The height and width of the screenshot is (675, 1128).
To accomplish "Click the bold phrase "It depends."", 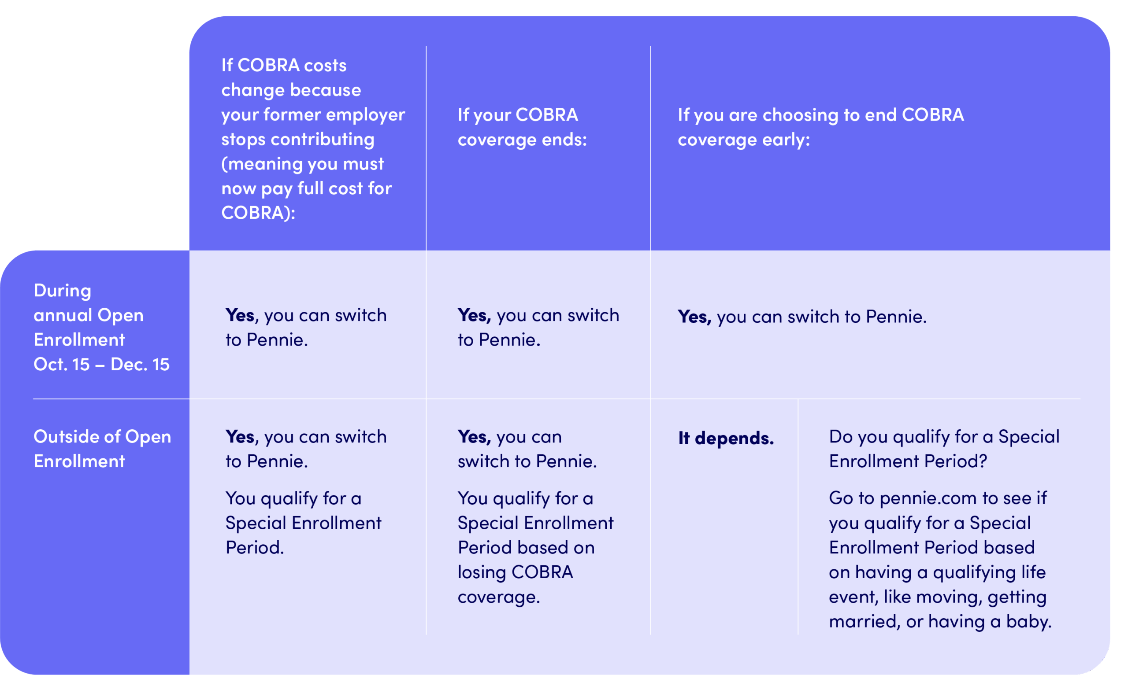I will point(726,438).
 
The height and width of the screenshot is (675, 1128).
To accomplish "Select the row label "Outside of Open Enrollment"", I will point(102,449).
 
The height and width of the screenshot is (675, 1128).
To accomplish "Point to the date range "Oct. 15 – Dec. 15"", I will point(101,364).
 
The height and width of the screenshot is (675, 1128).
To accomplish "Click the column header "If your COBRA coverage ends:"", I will point(522,127).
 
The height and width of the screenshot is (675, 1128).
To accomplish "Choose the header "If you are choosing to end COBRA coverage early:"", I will point(820,127).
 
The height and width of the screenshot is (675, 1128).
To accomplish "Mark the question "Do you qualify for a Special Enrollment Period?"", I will point(944,449).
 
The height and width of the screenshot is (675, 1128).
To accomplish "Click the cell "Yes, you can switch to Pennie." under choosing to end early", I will point(802,317).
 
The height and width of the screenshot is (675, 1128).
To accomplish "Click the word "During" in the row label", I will point(62,291).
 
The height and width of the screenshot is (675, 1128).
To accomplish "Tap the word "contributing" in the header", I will point(322,139).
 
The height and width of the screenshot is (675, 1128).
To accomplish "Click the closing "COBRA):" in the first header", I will point(258,213).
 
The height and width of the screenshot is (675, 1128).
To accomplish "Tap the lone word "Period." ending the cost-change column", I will point(255,548).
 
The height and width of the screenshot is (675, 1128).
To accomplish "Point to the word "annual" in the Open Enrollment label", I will point(63,315).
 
